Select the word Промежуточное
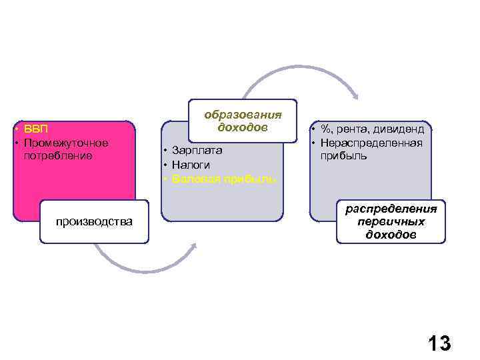pyautogui.click(x=66, y=143)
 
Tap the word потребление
pyautogui.click(x=59, y=155)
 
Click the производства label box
pyautogui.click(x=94, y=221)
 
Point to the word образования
pyautogui.click(x=243, y=114)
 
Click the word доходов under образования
pyautogui.click(x=243, y=127)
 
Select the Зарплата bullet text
pyautogui.click(x=197, y=151)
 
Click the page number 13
pyautogui.click(x=439, y=343)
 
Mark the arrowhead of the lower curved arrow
pyautogui.click(x=194, y=246)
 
